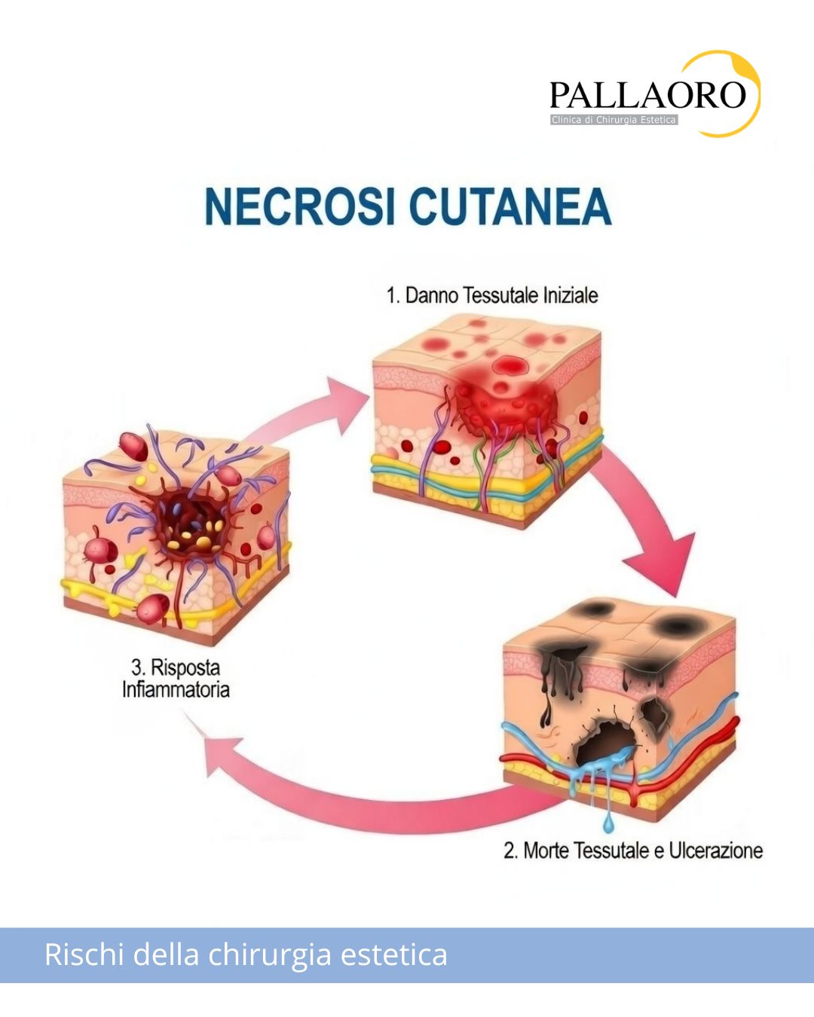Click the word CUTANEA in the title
pos(510,207)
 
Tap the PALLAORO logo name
pos(647,94)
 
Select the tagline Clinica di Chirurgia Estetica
pos(614,121)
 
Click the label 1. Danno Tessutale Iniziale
pos(492,295)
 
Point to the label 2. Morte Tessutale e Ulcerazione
pos(633,851)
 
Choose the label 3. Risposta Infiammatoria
pos(176,678)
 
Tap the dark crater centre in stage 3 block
pos(191,527)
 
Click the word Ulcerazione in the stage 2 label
pos(716,851)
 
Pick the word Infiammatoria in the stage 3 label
pos(176,689)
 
